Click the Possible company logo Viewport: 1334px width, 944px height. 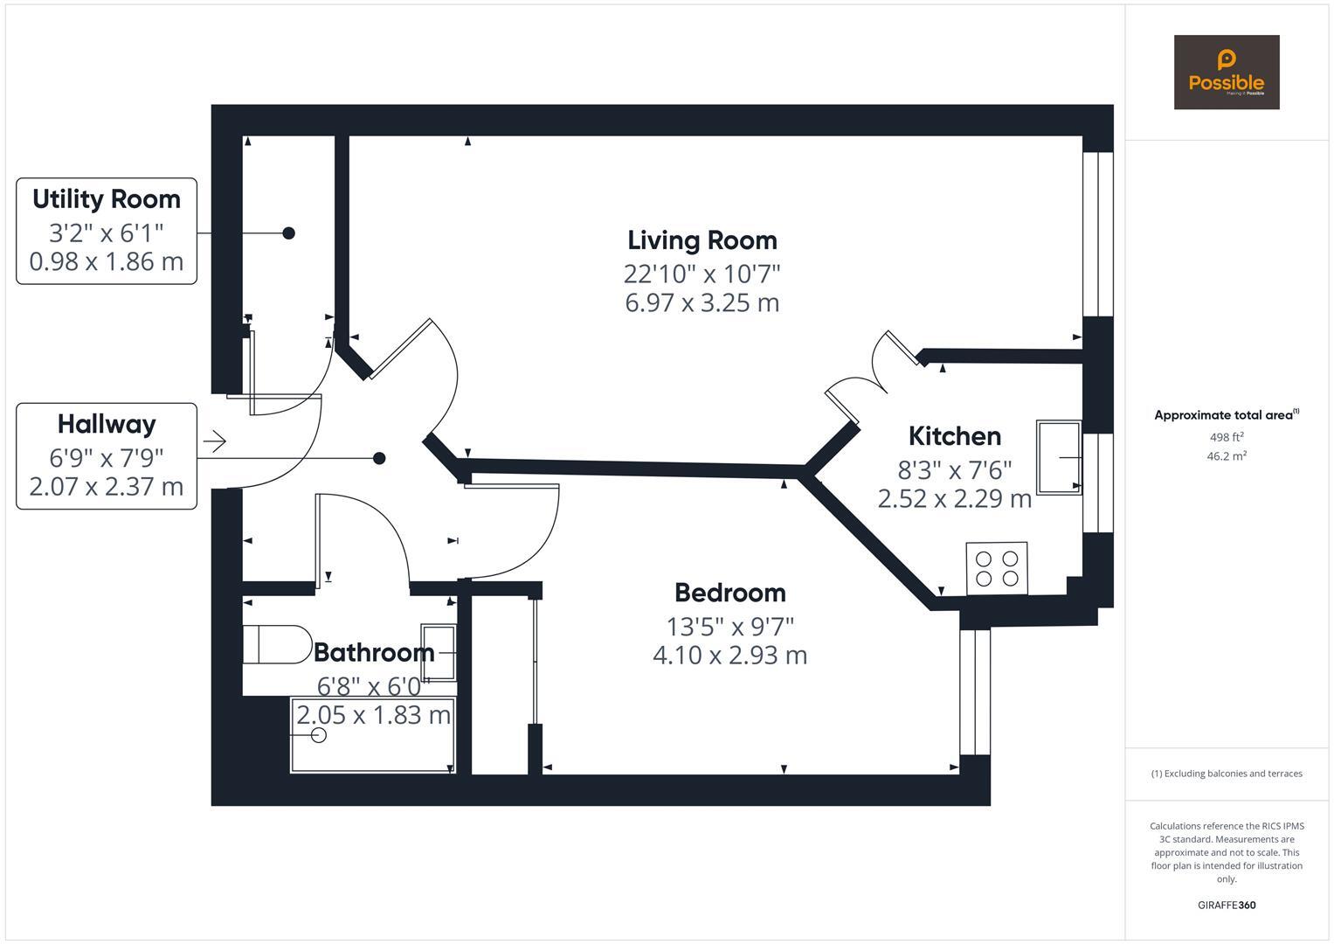pyautogui.click(x=1226, y=73)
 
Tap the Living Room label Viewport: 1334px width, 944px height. pyautogui.click(x=702, y=240)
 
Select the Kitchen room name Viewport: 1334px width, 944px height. pyautogui.click(x=954, y=436)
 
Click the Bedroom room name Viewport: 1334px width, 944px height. pyautogui.click(x=729, y=593)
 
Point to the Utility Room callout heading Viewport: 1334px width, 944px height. pyautogui.click(x=107, y=199)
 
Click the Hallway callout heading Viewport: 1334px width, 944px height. pyautogui.click(x=107, y=425)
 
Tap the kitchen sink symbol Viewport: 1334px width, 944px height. pyautogui.click(x=1059, y=457)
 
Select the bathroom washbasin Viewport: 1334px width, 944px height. pyautogui.click(x=438, y=652)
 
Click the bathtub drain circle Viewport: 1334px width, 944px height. pyautogui.click(x=319, y=735)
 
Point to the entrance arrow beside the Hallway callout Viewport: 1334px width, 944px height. pyautogui.click(x=215, y=441)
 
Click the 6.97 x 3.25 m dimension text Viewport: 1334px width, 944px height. pyautogui.click(x=702, y=303)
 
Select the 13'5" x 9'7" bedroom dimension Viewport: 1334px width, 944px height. pyautogui.click(x=729, y=627)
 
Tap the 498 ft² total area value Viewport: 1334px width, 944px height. pyautogui.click(x=1226, y=437)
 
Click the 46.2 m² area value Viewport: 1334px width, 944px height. pyautogui.click(x=1226, y=456)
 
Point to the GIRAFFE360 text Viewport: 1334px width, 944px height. pyautogui.click(x=1226, y=905)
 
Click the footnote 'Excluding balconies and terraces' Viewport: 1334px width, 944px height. pyautogui.click(x=1226, y=774)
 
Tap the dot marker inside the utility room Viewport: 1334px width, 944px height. pyautogui.click(x=288, y=233)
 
